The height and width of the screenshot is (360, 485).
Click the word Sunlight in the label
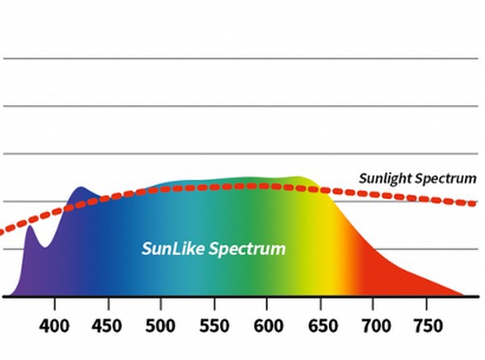[389, 178]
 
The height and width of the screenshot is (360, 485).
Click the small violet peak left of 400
[30, 227]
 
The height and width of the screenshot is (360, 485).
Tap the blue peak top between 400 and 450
[80, 189]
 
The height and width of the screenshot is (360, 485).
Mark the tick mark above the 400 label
[55, 302]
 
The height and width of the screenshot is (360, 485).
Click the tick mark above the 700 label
[373, 302]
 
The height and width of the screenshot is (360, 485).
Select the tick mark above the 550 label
[214, 302]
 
